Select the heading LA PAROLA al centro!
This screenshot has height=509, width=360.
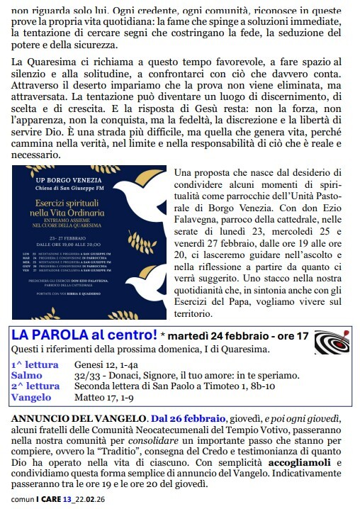[x=84, y=335]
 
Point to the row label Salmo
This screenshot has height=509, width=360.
[x=27, y=374]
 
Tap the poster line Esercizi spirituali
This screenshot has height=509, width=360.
[x=86, y=205]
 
